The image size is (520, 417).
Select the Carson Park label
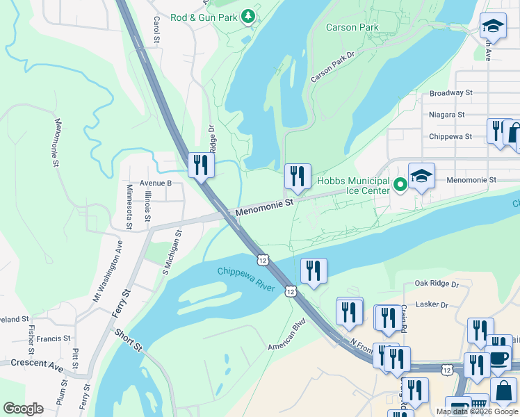click(352, 28)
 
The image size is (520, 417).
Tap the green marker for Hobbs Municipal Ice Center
click(400, 185)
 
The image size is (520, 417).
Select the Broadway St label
click(450, 92)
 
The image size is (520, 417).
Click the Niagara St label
click(446, 115)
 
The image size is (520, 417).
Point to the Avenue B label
click(155, 183)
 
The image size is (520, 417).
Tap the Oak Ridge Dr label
click(437, 284)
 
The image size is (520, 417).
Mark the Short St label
click(129, 341)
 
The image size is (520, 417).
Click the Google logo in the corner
click(23, 409)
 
